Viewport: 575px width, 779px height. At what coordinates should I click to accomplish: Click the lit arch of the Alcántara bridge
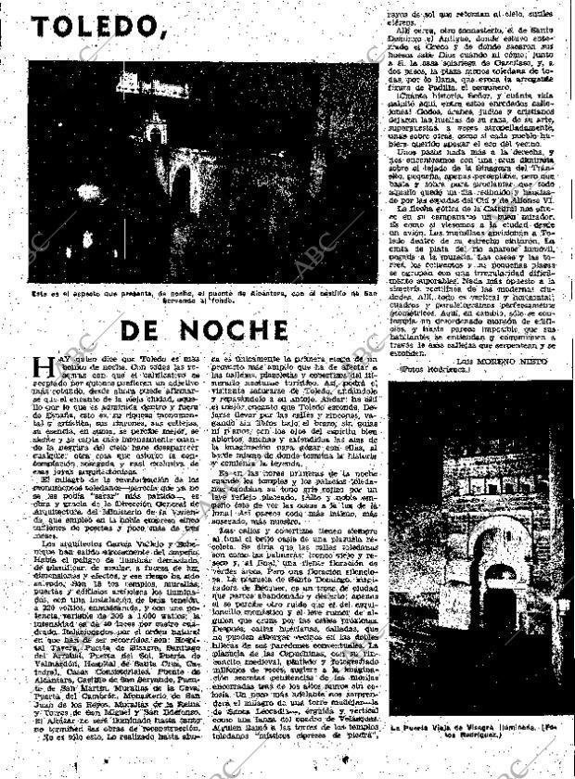(183, 185)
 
